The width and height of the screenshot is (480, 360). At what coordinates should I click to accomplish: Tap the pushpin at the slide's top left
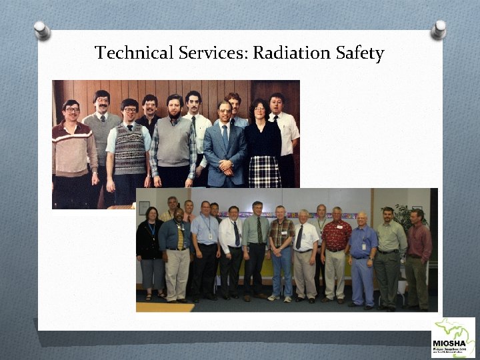click(x=41, y=29)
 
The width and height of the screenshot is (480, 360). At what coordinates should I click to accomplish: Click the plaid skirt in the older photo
click(x=265, y=171)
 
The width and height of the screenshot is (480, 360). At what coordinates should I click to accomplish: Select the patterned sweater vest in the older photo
click(x=130, y=149)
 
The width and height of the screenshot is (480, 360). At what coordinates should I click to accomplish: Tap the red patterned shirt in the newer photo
click(x=336, y=235)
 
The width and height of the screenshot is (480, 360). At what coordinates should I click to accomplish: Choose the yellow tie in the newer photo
click(x=179, y=237)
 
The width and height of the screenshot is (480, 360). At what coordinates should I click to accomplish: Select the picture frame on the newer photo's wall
click(x=145, y=207)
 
